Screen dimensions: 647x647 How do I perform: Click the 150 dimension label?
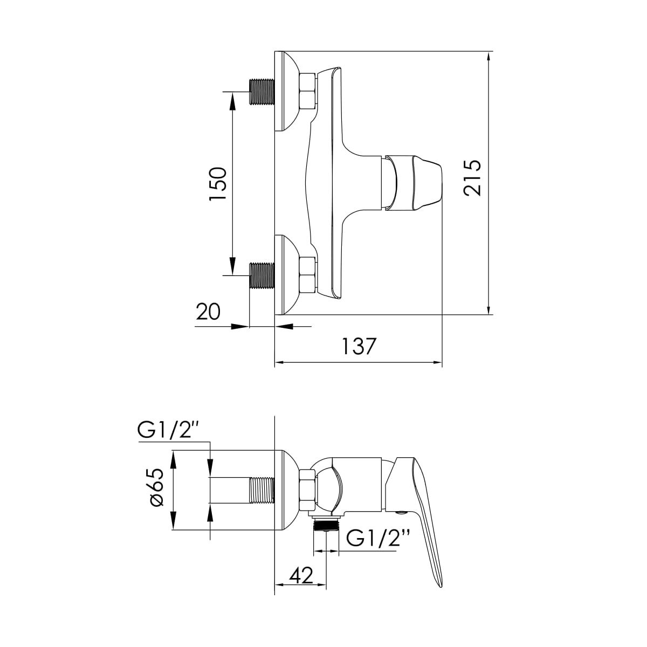coord(218,184)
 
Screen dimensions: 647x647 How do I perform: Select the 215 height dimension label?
coord(472,177)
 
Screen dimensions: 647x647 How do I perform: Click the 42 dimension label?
coord(301,575)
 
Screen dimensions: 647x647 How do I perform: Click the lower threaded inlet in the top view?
coord(262,276)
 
